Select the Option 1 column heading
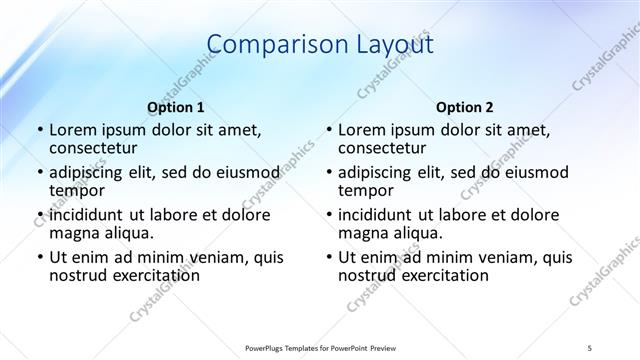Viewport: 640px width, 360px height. (176, 106)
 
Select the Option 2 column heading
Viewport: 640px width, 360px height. (465, 106)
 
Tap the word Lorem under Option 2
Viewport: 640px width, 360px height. (361, 130)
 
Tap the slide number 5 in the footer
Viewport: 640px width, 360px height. (591, 347)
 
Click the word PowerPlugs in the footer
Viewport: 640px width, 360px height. (265, 347)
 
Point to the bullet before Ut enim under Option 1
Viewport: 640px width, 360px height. (38, 257)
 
